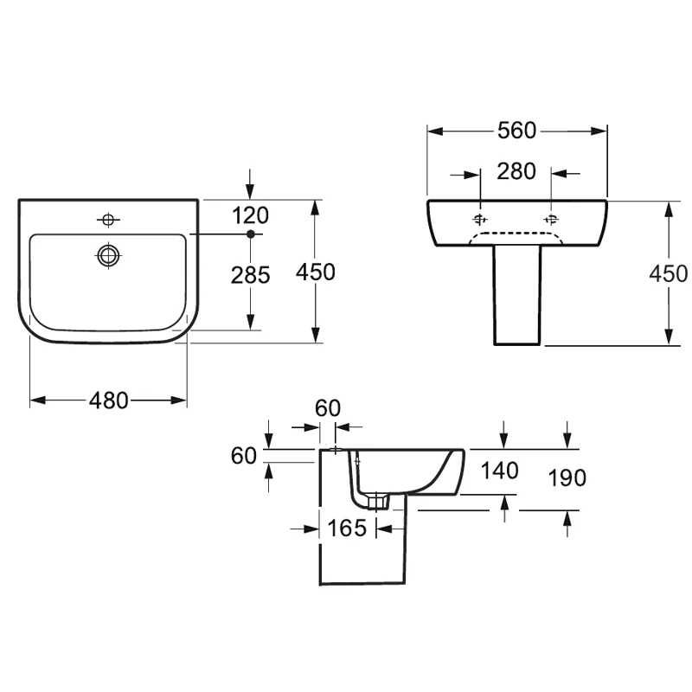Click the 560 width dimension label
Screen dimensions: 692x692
(517, 131)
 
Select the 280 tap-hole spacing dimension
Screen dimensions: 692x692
(516, 171)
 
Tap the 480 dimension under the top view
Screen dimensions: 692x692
(109, 400)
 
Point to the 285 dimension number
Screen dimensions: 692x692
(251, 275)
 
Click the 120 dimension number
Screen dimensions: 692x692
(251, 215)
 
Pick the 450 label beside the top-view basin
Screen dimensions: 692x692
(315, 272)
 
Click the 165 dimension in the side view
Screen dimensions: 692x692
(349, 527)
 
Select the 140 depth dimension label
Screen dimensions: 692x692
(500, 471)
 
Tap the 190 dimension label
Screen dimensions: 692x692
(567, 477)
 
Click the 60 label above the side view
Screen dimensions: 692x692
(328, 408)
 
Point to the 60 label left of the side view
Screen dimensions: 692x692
(245, 456)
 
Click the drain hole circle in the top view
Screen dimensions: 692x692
(109, 255)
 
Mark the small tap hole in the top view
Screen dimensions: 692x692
(109, 220)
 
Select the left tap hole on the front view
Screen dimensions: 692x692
(481, 218)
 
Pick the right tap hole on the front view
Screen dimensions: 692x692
(552, 218)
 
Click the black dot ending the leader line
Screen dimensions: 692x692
(250, 234)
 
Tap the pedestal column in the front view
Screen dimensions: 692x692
(517, 294)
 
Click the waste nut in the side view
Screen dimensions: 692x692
(377, 502)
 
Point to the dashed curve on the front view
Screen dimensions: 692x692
(516, 234)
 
